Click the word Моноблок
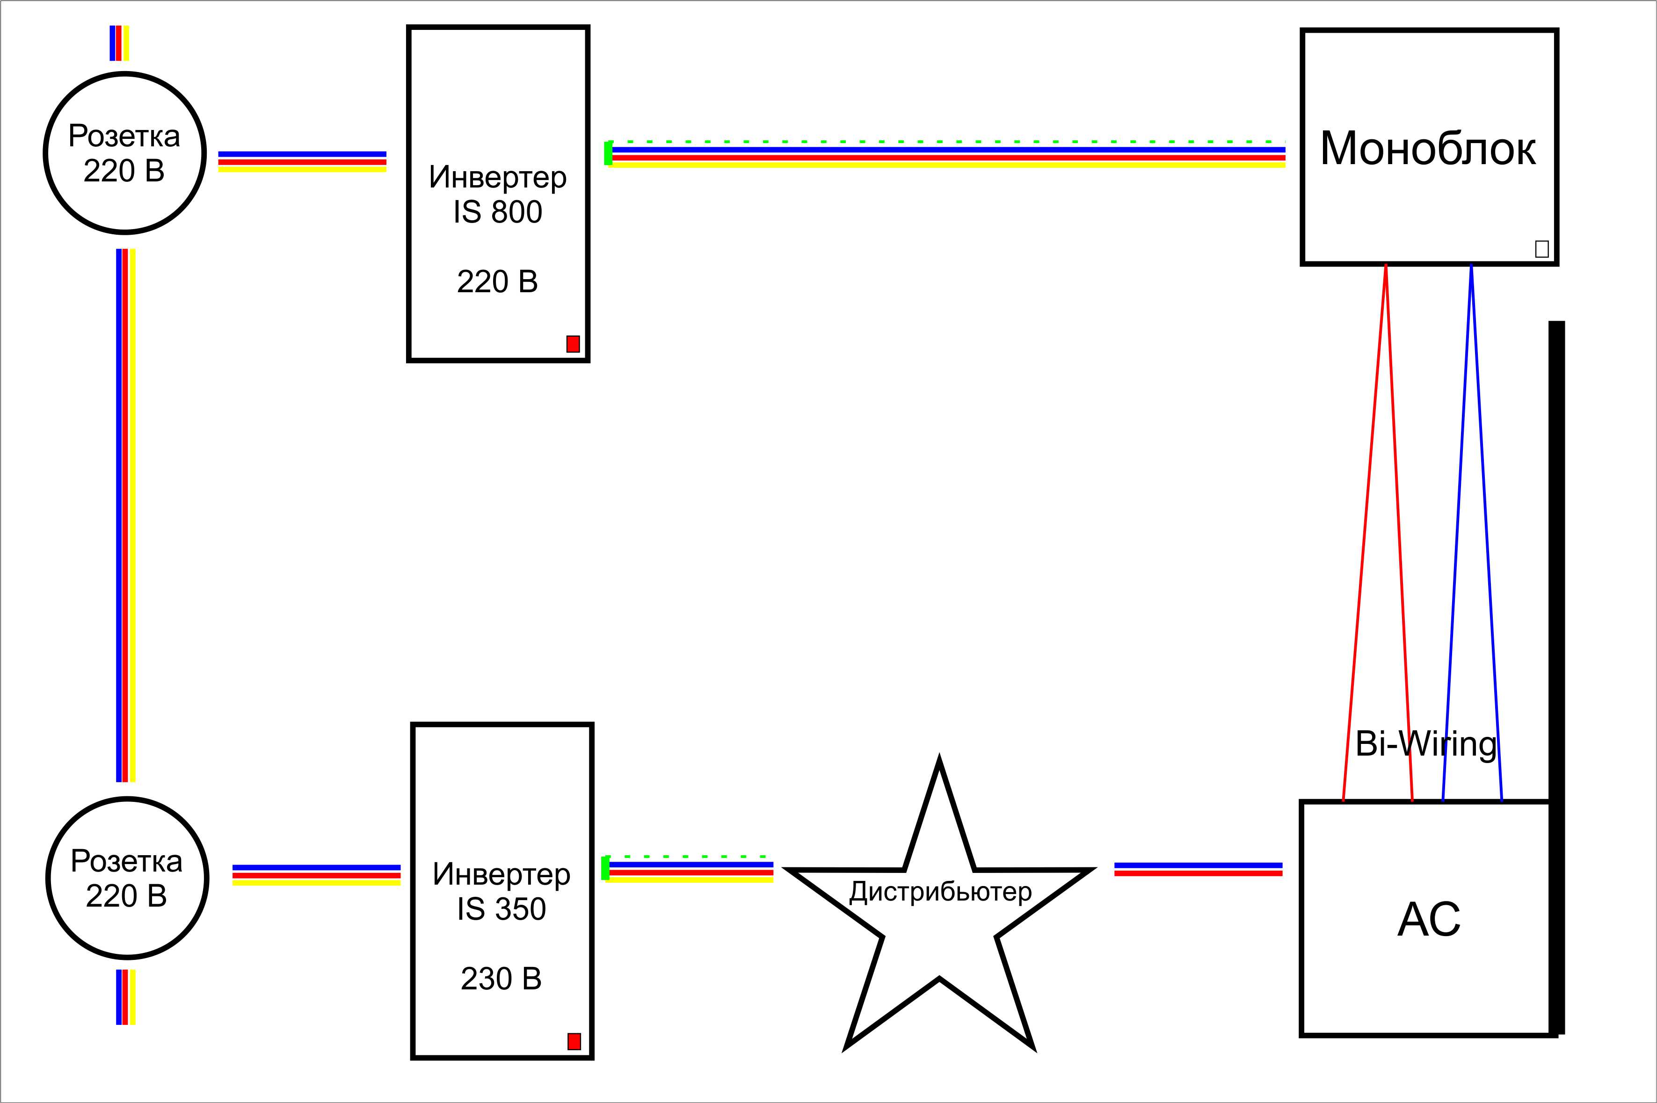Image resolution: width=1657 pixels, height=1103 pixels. coord(1428,149)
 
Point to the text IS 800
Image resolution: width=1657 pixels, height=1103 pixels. coord(497,212)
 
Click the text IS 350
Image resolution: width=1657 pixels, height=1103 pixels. coord(501,909)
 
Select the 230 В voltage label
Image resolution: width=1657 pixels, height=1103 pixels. coord(501,979)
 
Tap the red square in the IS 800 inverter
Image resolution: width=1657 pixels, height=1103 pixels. coord(573,344)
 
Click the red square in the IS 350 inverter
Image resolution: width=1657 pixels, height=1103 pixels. coord(574,1041)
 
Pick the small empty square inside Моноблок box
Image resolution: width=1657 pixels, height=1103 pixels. coord(1541,249)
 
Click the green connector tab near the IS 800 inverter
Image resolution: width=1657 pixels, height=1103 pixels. coord(608,153)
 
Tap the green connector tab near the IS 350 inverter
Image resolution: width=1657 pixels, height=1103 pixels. coord(605,868)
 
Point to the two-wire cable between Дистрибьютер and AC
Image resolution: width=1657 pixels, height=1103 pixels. coord(1198,870)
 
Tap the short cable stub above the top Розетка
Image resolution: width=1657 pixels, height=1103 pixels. coord(119,43)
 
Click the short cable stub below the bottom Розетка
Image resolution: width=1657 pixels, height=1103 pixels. coord(126,997)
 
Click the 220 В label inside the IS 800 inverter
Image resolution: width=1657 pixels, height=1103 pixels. coord(497,282)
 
